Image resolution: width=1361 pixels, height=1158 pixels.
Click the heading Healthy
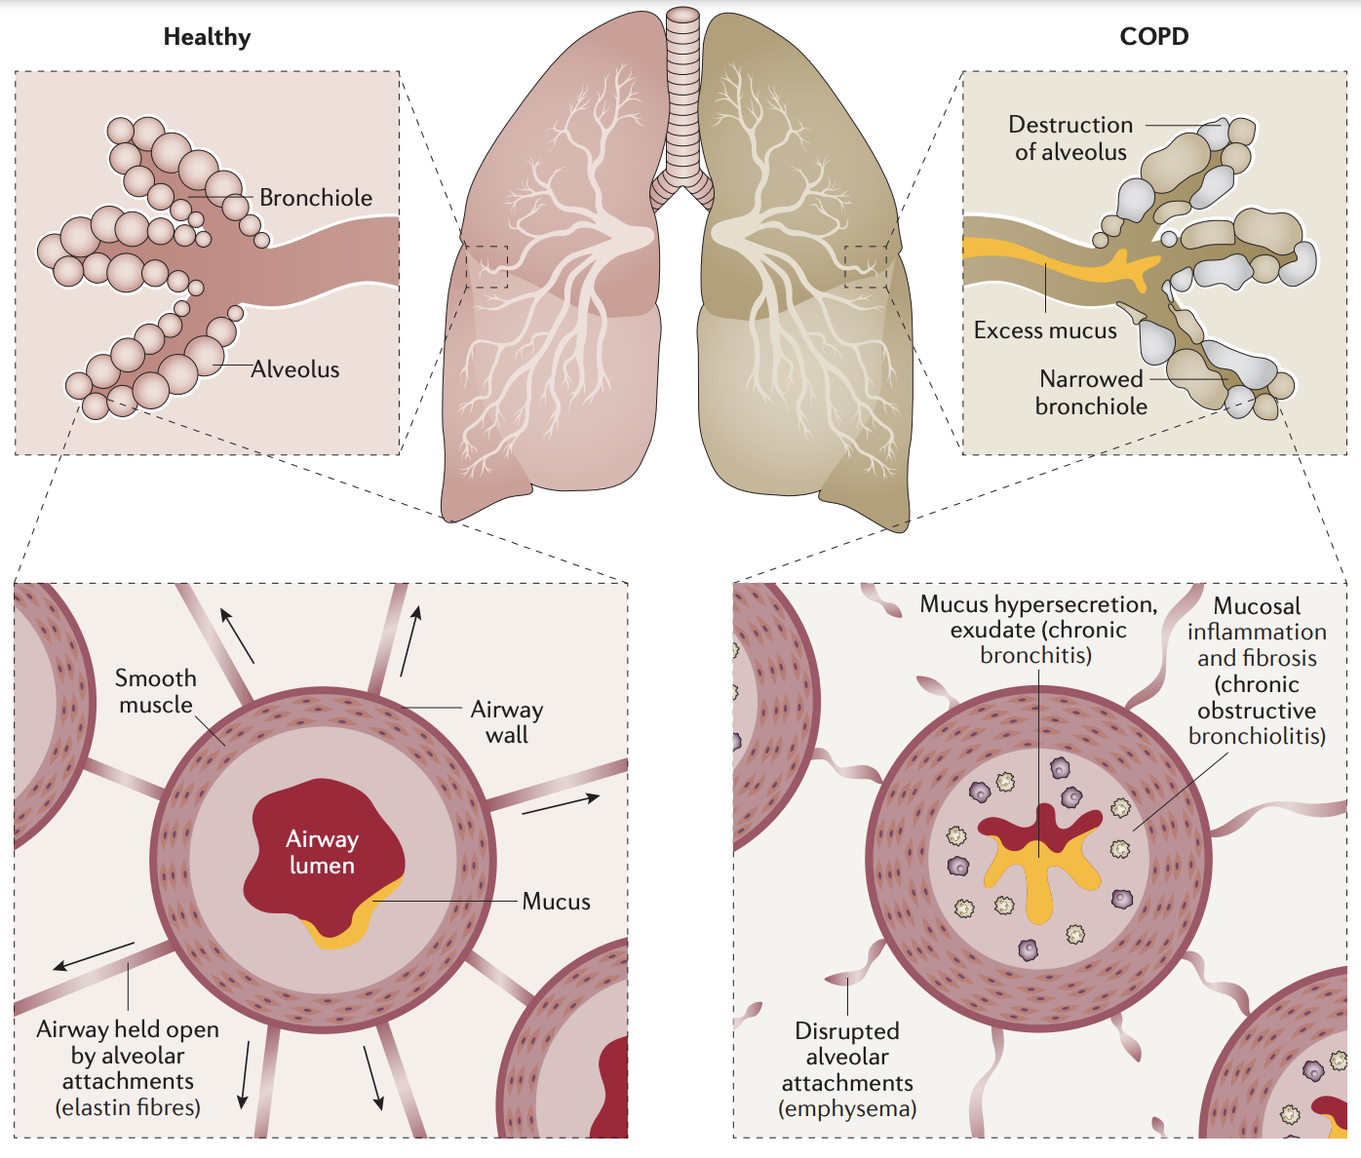tap(207, 37)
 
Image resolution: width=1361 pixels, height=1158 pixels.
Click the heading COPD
tap(1153, 37)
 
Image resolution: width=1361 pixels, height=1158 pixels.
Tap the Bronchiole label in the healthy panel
tap(316, 198)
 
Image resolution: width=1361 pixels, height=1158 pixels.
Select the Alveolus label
tap(295, 369)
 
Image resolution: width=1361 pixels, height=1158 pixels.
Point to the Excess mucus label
tap(1045, 330)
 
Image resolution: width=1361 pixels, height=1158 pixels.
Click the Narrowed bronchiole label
tap(1091, 393)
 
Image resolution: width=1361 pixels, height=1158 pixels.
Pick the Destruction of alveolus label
tap(1070, 138)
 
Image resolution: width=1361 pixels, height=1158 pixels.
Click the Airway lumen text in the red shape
tap(322, 852)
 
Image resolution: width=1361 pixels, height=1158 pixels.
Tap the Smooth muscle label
tap(156, 691)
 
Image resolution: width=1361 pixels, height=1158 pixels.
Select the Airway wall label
tap(507, 722)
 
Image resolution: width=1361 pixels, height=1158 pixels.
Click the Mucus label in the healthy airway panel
tap(556, 902)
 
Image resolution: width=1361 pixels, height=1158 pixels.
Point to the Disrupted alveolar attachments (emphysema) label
tap(847, 1069)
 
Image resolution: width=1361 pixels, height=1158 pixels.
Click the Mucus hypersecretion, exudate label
tap(1038, 630)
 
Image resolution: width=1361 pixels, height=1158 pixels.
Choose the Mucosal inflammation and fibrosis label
tap(1257, 671)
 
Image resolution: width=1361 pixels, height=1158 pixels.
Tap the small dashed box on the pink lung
tap(486, 267)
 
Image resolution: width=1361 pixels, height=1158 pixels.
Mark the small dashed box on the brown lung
tap(865, 267)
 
